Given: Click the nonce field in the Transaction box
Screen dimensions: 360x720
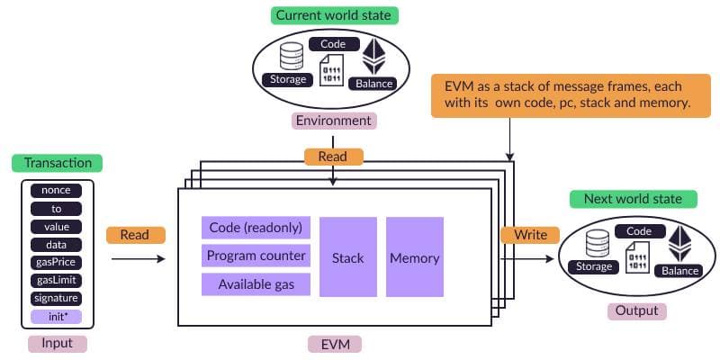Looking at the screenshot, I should [x=56, y=191].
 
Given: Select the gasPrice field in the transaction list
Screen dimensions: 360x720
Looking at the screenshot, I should [x=56, y=263].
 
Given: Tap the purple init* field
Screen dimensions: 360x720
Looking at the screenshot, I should [x=56, y=317].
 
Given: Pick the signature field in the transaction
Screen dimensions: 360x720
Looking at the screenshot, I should [x=56, y=299].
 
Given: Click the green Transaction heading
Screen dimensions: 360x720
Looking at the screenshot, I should [x=58, y=163].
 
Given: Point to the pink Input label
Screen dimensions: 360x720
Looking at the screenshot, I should [x=56, y=344].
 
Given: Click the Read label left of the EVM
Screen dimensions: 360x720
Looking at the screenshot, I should [x=135, y=235].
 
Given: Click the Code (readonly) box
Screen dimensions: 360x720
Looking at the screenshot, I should [x=255, y=228].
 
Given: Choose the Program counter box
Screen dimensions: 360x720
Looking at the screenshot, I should [x=256, y=256].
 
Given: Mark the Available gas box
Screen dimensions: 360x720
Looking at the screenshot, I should [x=256, y=285].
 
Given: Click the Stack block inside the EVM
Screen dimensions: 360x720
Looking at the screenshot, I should [x=347, y=257].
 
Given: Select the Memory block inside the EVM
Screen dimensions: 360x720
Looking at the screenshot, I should [x=414, y=257].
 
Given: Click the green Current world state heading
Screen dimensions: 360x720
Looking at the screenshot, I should [x=333, y=16].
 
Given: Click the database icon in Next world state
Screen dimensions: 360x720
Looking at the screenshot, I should [x=598, y=245].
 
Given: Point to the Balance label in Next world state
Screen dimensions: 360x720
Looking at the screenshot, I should [x=680, y=271].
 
